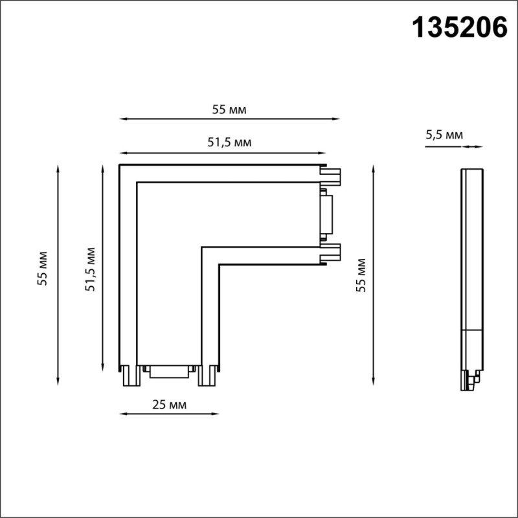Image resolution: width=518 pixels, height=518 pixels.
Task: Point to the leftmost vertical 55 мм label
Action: pos(43,267)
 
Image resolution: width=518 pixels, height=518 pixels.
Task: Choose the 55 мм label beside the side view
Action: pos(361,275)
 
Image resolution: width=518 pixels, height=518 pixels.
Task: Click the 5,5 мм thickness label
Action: pos(444,135)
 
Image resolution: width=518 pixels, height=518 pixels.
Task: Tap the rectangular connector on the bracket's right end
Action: pos(326,214)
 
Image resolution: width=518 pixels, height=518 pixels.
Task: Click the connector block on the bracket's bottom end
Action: pos(170,370)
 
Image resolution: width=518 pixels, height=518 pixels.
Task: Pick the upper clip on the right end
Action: pos(332,175)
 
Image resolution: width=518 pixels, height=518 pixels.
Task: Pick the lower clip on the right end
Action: pos(332,253)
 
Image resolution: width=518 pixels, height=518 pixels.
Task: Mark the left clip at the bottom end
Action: pos(130,375)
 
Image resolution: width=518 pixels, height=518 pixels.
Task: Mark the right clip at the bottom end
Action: pos(208,375)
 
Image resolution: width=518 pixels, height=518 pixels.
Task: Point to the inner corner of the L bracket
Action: pos(202,247)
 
